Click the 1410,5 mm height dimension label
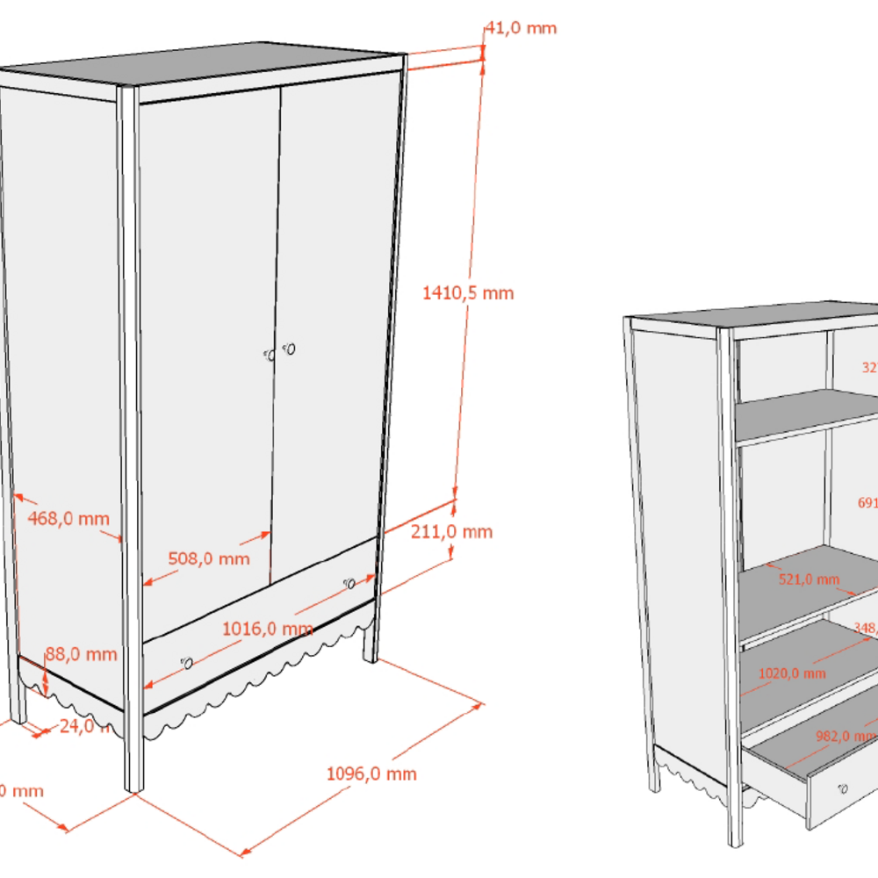tap(467, 292)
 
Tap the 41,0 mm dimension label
tap(521, 27)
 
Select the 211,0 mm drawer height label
tap(452, 531)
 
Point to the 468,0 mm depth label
tap(68, 518)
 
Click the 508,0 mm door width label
tap(209, 558)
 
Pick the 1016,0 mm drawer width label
tap(268, 629)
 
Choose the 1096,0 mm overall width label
tap(371, 774)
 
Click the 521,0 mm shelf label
tap(809, 579)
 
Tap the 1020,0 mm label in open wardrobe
tap(791, 673)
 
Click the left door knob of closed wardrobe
tap(270, 355)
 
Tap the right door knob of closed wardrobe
tap(290, 349)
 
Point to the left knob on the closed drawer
tap(186, 663)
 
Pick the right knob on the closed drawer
tap(349, 583)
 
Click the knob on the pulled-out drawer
tap(844, 788)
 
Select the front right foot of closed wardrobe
tap(371, 650)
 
